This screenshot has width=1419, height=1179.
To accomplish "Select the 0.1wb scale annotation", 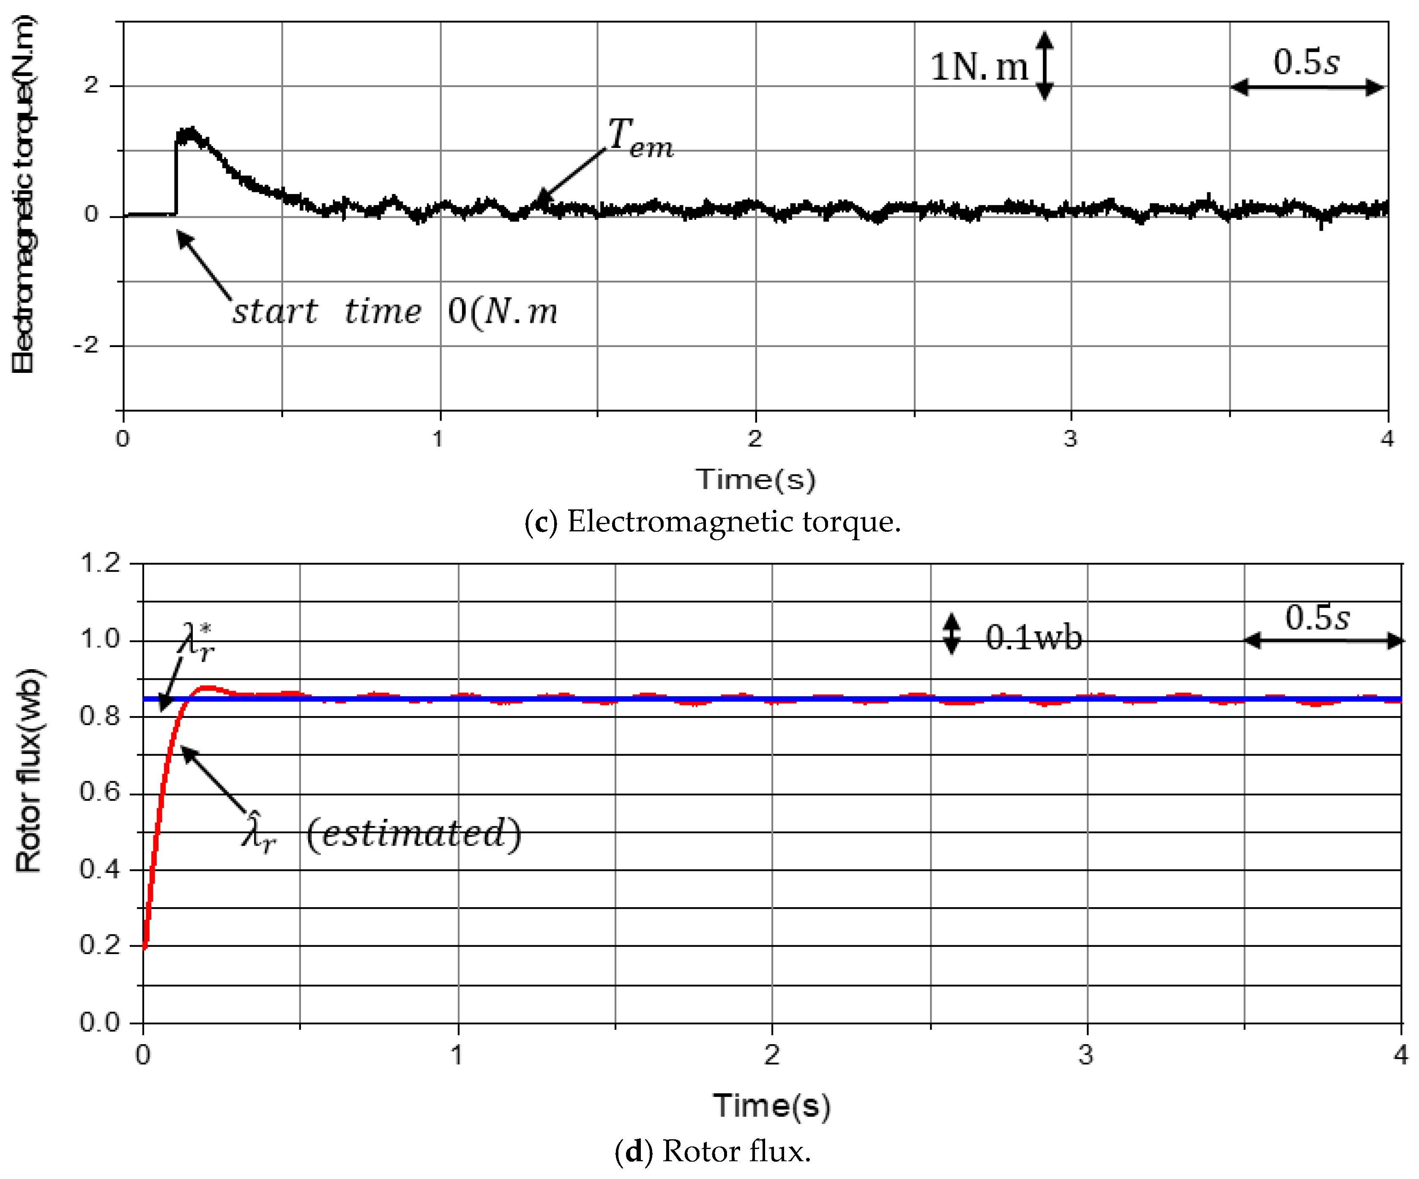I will pos(1033,637).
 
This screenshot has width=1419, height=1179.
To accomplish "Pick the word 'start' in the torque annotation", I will pos(274,312).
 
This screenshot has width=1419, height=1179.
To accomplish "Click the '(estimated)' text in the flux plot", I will pos(413,833).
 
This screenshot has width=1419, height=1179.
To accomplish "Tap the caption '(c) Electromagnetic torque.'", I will pos(712,522).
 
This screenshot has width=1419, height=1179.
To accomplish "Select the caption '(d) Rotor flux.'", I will pos(712,1151).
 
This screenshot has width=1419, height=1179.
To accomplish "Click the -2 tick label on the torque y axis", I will pos(86,345).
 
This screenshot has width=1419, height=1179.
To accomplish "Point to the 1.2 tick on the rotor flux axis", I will pos(100,562).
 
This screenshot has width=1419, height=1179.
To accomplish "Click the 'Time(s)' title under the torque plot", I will pos(755,479).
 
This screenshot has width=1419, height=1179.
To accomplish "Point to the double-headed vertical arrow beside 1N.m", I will pos(1044,66).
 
